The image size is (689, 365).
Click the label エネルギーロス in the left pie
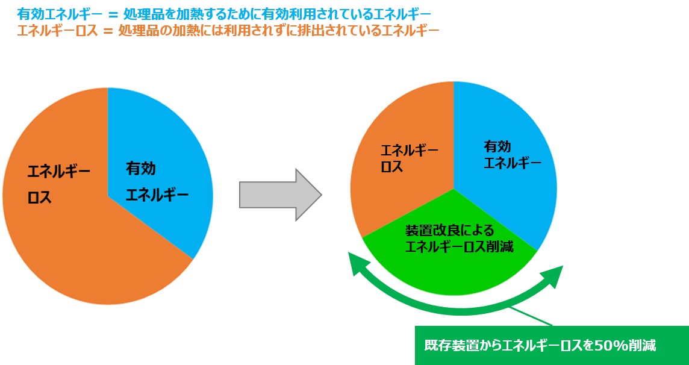click(58, 184)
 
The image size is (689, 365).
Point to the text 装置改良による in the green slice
click(449, 231)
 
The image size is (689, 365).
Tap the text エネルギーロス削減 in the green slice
click(459, 246)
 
